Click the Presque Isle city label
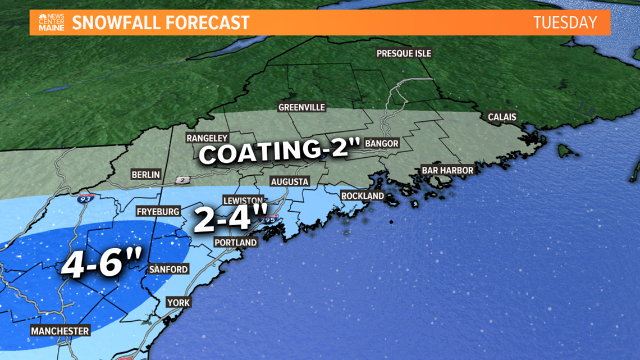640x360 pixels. coord(404,53)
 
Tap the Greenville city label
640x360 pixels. coord(301,107)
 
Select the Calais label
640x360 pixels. coord(502,117)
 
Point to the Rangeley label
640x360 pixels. coord(207,138)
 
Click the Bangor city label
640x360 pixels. coord(381,143)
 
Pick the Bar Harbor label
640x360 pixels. coord(447,170)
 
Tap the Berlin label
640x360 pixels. coord(145,175)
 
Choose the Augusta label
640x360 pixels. coord(289,181)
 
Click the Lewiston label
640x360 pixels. coord(243,200)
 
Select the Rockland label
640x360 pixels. coord(362,196)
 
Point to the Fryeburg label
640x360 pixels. coord(158,212)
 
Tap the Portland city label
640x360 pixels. coord(235,243)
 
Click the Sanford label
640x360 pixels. coord(168,270)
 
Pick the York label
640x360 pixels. coord(179,303)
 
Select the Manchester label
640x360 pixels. coord(60,331)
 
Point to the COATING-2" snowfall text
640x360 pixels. coord(279,151)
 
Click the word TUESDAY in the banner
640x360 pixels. coord(565,22)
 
